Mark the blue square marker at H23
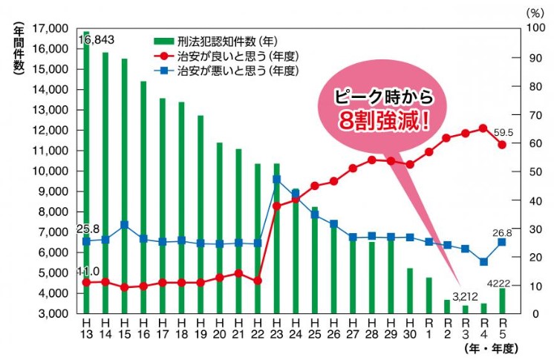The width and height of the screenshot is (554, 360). [276, 179]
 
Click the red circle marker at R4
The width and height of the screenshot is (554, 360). [483, 128]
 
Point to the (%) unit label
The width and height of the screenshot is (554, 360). [534, 13]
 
